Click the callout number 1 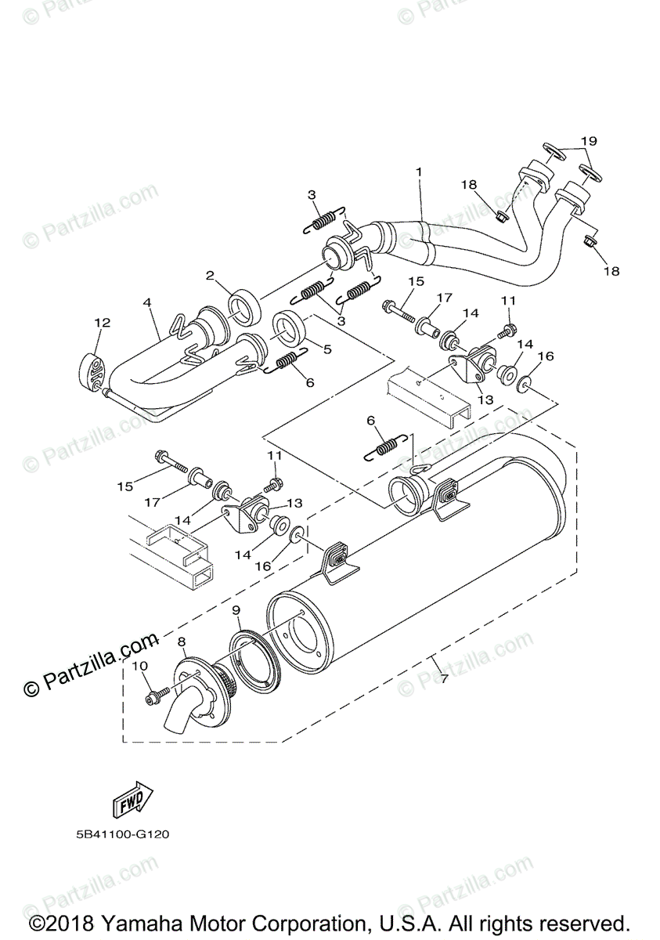click(x=418, y=172)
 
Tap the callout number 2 click(x=210, y=276)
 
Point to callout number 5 click(x=327, y=349)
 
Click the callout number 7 click(x=444, y=677)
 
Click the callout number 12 click(x=103, y=322)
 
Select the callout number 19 click(x=589, y=140)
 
